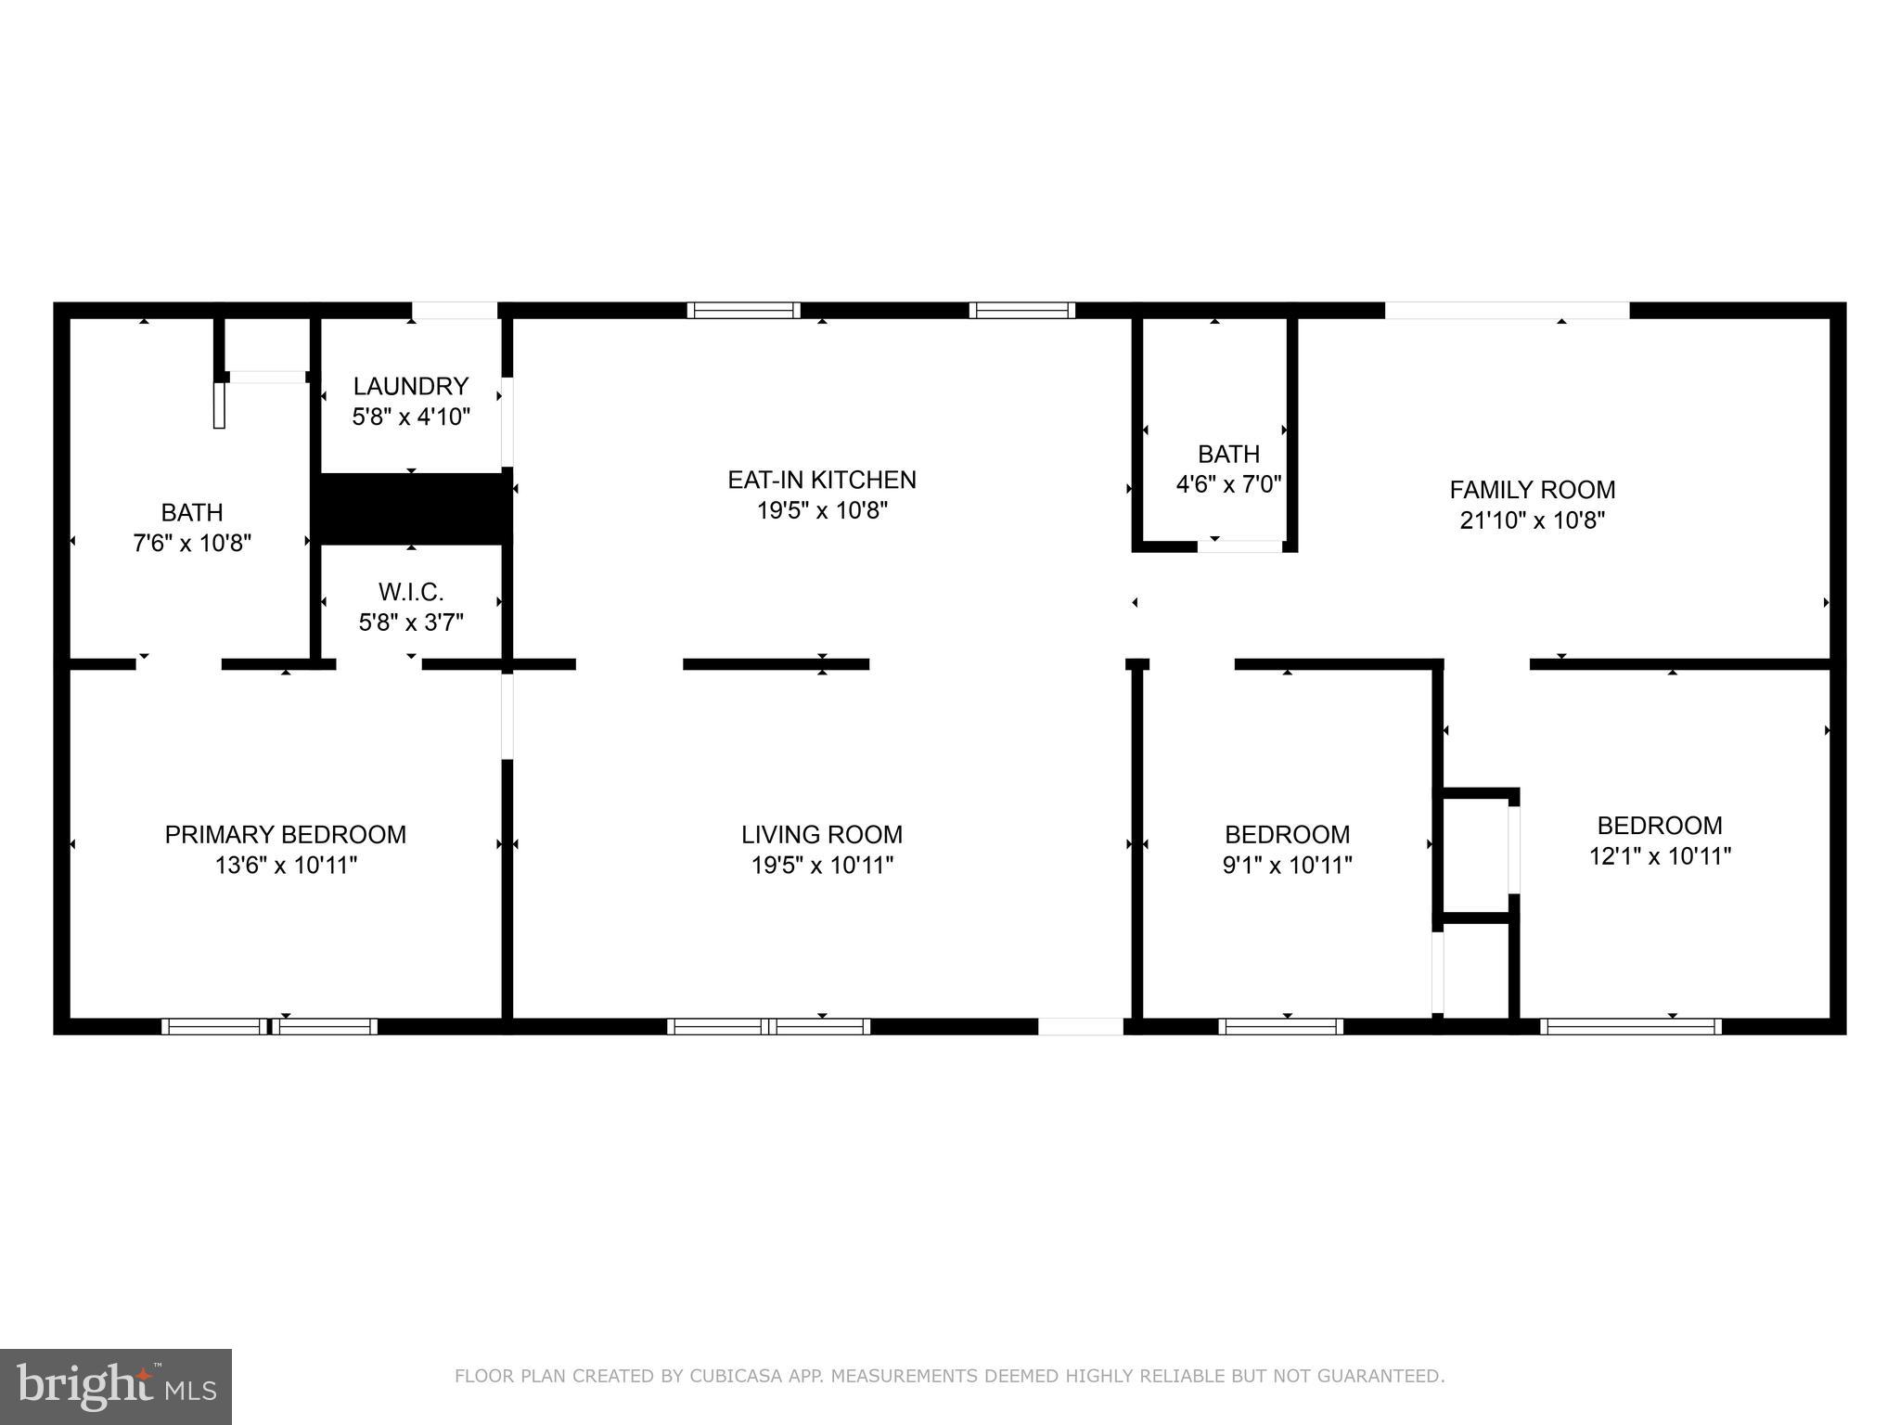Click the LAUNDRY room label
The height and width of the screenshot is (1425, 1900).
[x=410, y=386]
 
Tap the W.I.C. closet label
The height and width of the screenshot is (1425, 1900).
[x=410, y=591]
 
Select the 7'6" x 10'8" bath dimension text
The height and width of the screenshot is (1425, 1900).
[x=192, y=543]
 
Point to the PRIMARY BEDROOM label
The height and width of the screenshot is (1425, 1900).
[x=285, y=834]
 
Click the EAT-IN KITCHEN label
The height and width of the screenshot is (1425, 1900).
[x=821, y=480]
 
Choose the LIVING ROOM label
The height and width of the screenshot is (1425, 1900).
[x=821, y=834]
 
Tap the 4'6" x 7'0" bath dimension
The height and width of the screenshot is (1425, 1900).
[x=1228, y=484]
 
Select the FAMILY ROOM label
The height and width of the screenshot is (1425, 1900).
[x=1532, y=489]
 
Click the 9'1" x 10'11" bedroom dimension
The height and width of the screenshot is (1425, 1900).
[x=1287, y=865]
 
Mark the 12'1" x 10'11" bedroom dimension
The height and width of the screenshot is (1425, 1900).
[x=1660, y=855]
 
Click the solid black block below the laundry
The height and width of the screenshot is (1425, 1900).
[x=412, y=507]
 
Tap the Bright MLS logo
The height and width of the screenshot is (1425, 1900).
[x=115, y=1386]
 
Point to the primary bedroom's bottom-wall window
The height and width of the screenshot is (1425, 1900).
[x=269, y=1026]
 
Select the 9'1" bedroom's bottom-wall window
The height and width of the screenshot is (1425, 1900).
[x=1280, y=1026]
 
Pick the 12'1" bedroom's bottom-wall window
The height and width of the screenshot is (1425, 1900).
[x=1630, y=1026]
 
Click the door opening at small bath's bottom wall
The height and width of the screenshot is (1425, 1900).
[x=1239, y=546]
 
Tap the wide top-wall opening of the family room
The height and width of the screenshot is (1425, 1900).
[x=1507, y=311]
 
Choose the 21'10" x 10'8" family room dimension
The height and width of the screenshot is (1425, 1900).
[x=1532, y=520]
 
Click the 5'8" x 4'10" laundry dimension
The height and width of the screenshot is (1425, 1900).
[x=410, y=417]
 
